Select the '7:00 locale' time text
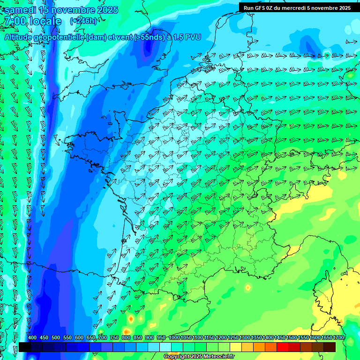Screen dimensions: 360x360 click(32, 21)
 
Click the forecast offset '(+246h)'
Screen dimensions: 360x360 click(83, 21)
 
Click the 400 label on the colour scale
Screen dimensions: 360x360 click(32, 338)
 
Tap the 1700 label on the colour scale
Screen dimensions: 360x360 click(338, 338)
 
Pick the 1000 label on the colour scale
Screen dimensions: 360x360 click(174, 338)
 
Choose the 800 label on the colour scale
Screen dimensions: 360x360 click(126, 338)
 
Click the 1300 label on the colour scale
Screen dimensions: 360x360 click(245, 338)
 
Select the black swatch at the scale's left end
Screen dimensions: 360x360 click(25, 347)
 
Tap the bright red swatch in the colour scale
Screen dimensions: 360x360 click(283, 347)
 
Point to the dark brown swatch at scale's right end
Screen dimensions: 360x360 click(330, 347)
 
